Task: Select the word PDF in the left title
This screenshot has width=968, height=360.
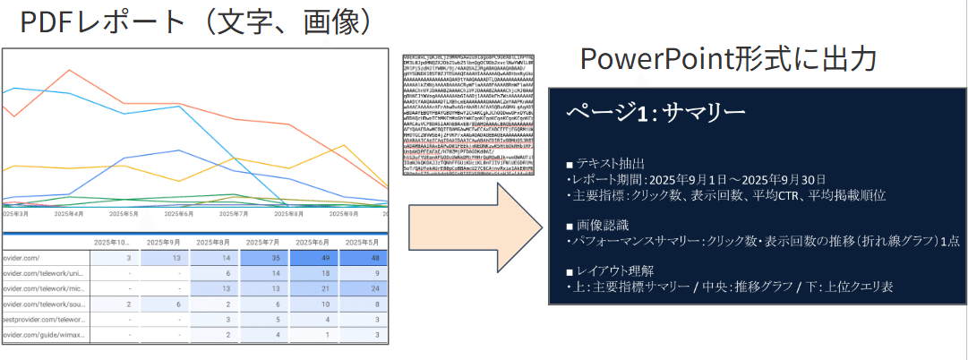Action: [x=45, y=21]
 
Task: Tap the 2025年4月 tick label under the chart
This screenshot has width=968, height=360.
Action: [x=69, y=214]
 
